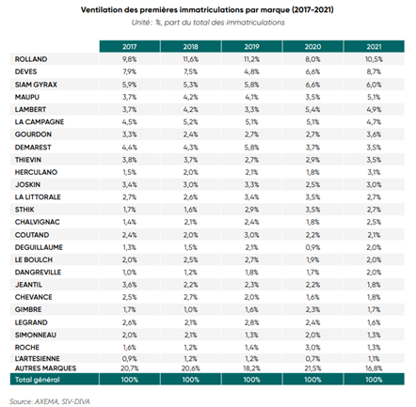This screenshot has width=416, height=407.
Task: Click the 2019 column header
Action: (251, 47)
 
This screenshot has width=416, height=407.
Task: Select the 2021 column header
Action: (374, 47)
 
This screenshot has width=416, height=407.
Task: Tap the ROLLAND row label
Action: (31, 59)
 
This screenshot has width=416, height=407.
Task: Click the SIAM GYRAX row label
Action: (36, 85)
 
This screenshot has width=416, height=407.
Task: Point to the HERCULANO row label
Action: (36, 172)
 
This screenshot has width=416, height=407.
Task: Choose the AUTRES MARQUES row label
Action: (45, 368)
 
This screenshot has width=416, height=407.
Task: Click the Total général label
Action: (37, 380)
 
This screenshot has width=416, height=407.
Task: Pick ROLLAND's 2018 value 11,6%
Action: (190, 59)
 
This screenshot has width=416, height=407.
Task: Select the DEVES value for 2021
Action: (374, 71)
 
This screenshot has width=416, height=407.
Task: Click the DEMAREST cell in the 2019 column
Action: (251, 147)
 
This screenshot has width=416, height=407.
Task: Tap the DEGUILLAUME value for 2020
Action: (312, 247)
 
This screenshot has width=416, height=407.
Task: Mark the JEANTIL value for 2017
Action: (129, 285)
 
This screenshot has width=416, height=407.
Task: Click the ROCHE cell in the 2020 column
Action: (312, 347)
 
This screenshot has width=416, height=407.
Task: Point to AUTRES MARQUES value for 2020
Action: (312, 368)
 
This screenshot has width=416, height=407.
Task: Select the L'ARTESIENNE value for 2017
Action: (129, 358)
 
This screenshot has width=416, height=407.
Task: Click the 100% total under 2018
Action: (190, 380)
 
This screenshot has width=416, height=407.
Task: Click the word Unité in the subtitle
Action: (141, 23)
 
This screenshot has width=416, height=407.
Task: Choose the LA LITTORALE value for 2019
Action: (251, 197)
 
